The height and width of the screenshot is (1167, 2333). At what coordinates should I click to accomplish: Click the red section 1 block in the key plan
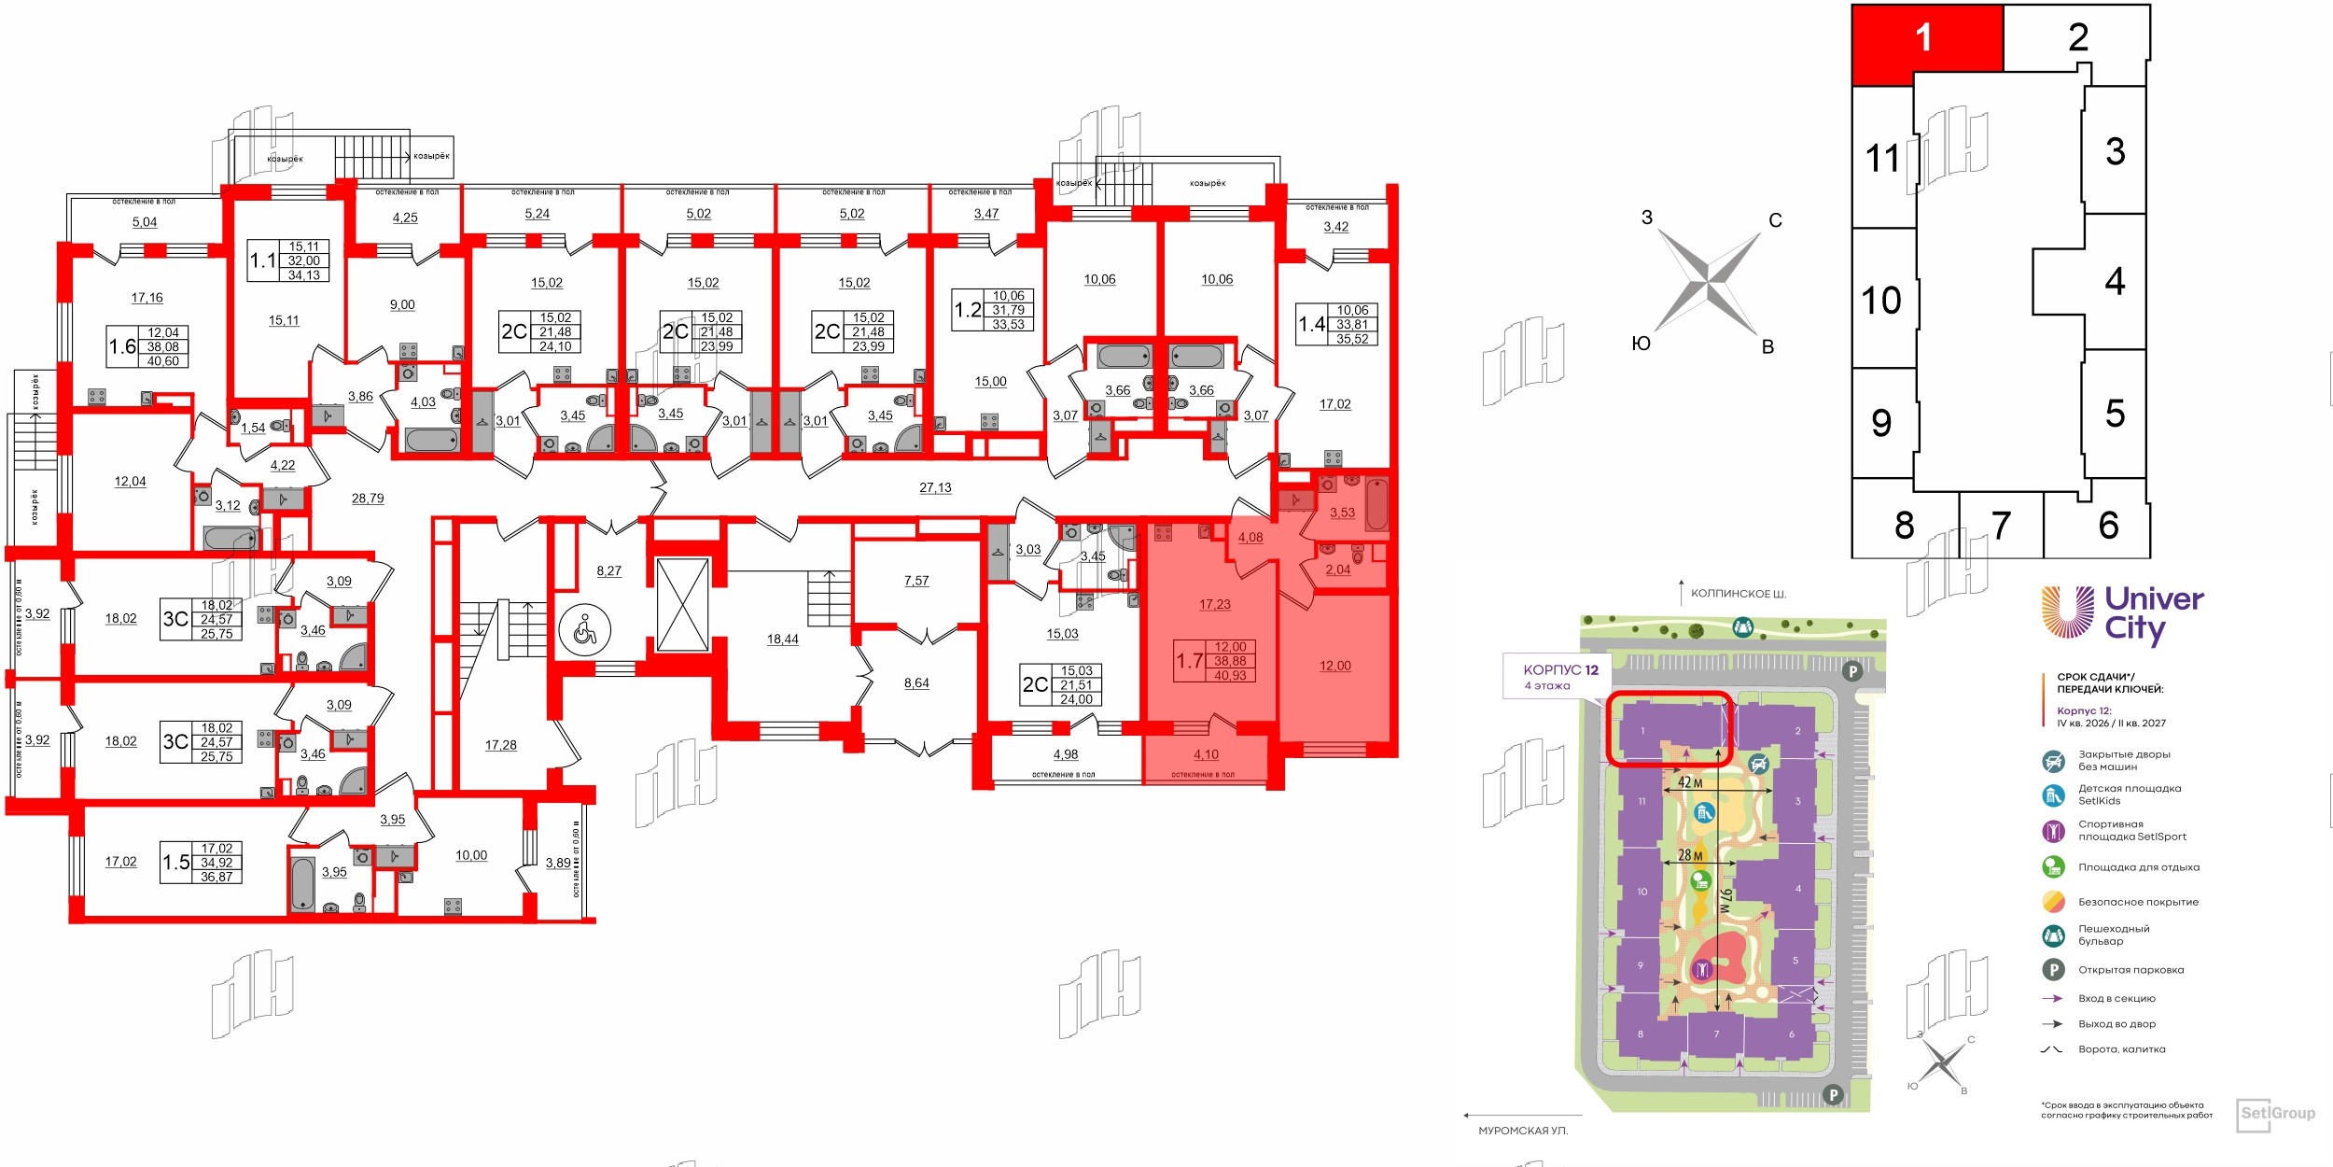click(1926, 38)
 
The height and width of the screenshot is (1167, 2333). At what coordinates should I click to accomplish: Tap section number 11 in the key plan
click(1882, 159)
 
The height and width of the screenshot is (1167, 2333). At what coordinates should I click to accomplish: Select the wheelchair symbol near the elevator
click(585, 631)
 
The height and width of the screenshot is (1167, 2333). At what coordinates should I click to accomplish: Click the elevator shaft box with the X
click(682, 605)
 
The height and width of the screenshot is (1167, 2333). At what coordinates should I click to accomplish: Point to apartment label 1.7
click(1189, 661)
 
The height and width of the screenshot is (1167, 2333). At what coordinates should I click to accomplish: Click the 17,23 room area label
click(1214, 605)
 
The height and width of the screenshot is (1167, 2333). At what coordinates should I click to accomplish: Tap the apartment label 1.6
click(122, 346)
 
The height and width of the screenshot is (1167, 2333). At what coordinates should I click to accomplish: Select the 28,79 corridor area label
click(368, 499)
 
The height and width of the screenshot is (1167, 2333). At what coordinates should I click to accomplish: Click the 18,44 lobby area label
click(782, 640)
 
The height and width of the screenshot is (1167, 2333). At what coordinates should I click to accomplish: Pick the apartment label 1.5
click(175, 863)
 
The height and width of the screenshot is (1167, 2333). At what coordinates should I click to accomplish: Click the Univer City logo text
click(2153, 613)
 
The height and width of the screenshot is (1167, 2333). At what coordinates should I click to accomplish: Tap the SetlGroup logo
click(2276, 1114)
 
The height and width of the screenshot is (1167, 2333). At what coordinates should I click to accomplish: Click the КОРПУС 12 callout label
click(1560, 670)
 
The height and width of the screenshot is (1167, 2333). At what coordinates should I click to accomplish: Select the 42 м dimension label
click(1690, 782)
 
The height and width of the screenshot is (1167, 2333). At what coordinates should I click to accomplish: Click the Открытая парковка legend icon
click(2053, 970)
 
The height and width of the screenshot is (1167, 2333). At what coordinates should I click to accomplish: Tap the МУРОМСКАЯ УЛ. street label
click(1523, 1131)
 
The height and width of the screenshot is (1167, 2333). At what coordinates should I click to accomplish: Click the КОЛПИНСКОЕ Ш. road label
click(1739, 594)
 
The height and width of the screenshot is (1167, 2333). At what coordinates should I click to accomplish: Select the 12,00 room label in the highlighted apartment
click(1334, 667)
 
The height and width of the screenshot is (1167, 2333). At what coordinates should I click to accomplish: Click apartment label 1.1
click(262, 260)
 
